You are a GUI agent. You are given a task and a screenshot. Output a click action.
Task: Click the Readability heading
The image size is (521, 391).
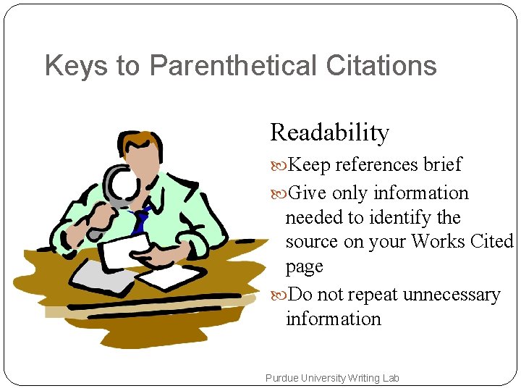click(329, 133)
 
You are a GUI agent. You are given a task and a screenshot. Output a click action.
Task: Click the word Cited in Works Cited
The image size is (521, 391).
click(493, 241)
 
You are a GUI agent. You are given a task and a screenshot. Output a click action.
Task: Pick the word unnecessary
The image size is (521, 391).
click(452, 295)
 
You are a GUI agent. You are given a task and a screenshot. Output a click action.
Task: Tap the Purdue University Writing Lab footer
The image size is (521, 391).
click(332, 378)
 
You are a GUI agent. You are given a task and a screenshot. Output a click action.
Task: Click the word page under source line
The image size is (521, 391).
click(304, 266)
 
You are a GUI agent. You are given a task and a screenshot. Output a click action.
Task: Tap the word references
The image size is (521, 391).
click(376, 164)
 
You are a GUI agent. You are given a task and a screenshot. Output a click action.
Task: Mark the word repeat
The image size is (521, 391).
click(373, 295)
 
